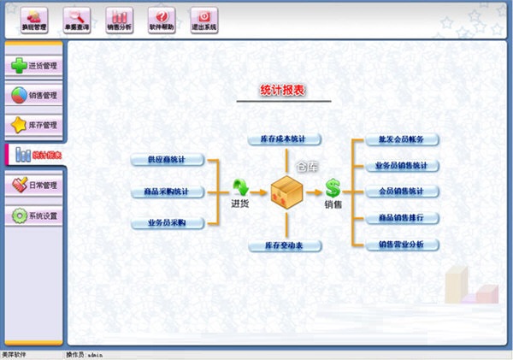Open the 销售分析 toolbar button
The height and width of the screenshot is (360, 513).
(x=120, y=19)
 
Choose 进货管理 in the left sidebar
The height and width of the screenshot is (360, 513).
(x=34, y=66)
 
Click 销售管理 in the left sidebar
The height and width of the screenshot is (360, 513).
(x=34, y=95)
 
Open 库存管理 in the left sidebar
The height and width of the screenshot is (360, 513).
(x=34, y=125)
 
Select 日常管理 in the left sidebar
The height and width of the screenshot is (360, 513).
(x=34, y=185)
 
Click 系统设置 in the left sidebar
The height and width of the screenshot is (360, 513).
(x=34, y=215)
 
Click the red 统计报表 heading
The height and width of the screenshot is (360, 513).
(x=282, y=90)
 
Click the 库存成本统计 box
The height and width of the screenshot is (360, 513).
(x=284, y=139)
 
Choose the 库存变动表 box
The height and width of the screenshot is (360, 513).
(x=284, y=246)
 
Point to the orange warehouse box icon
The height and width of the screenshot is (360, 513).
(x=286, y=191)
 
